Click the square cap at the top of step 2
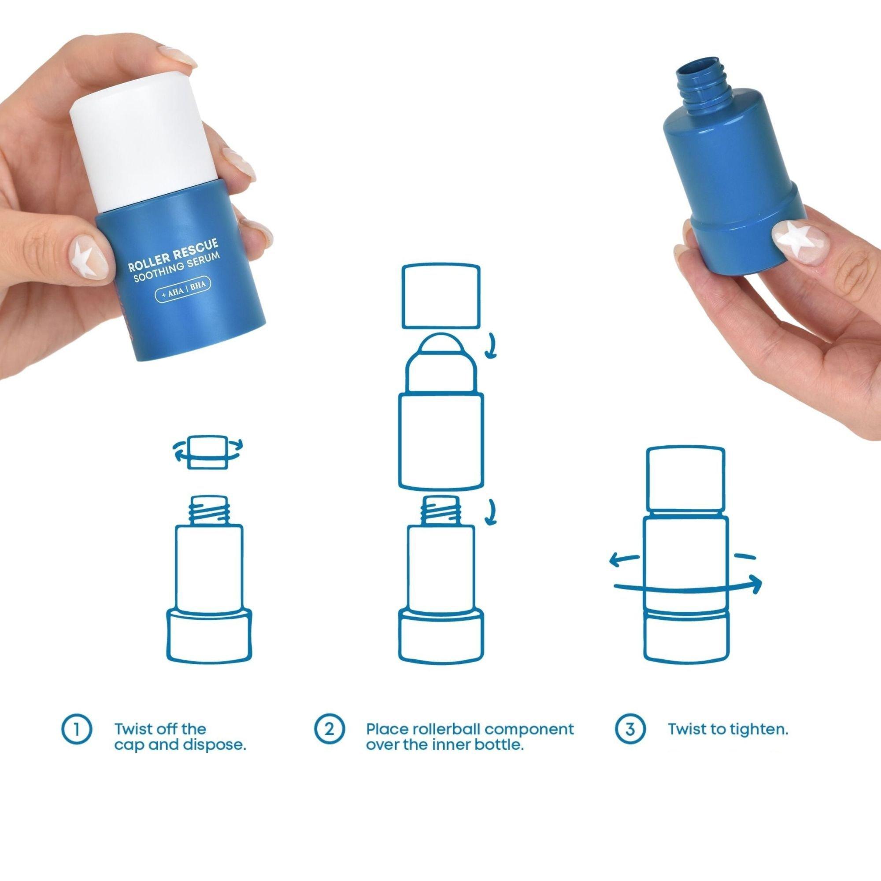440,297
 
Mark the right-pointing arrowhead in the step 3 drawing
754,584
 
